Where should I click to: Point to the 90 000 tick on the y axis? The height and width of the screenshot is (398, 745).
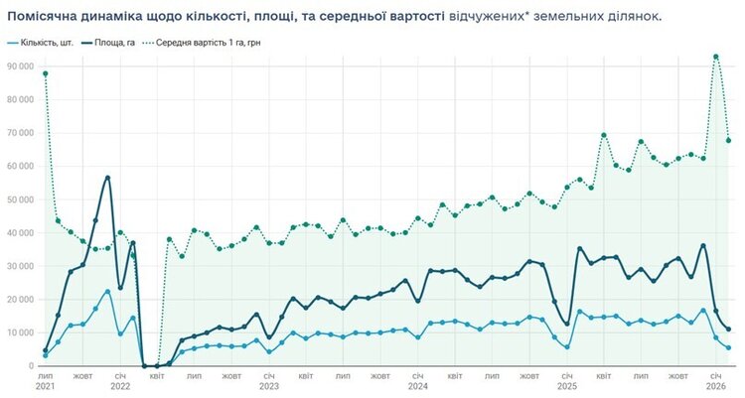pyautogui.click(x=19, y=66)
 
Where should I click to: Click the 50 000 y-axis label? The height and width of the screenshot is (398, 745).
pyautogui.click(x=19, y=199)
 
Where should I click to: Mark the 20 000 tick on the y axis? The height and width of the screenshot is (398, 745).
pyautogui.click(x=19, y=300)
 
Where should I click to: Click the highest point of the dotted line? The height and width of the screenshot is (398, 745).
pyautogui.click(x=716, y=57)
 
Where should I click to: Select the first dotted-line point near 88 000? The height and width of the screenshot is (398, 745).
pyautogui.click(x=46, y=73)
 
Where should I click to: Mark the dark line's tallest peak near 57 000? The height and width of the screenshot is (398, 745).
pyautogui.click(x=107, y=178)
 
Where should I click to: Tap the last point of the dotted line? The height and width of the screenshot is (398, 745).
pyautogui.click(x=728, y=141)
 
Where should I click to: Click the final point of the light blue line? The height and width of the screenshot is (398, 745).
pyautogui.click(x=728, y=347)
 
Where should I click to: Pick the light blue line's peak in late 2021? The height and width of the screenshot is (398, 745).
pyautogui.click(x=107, y=292)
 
